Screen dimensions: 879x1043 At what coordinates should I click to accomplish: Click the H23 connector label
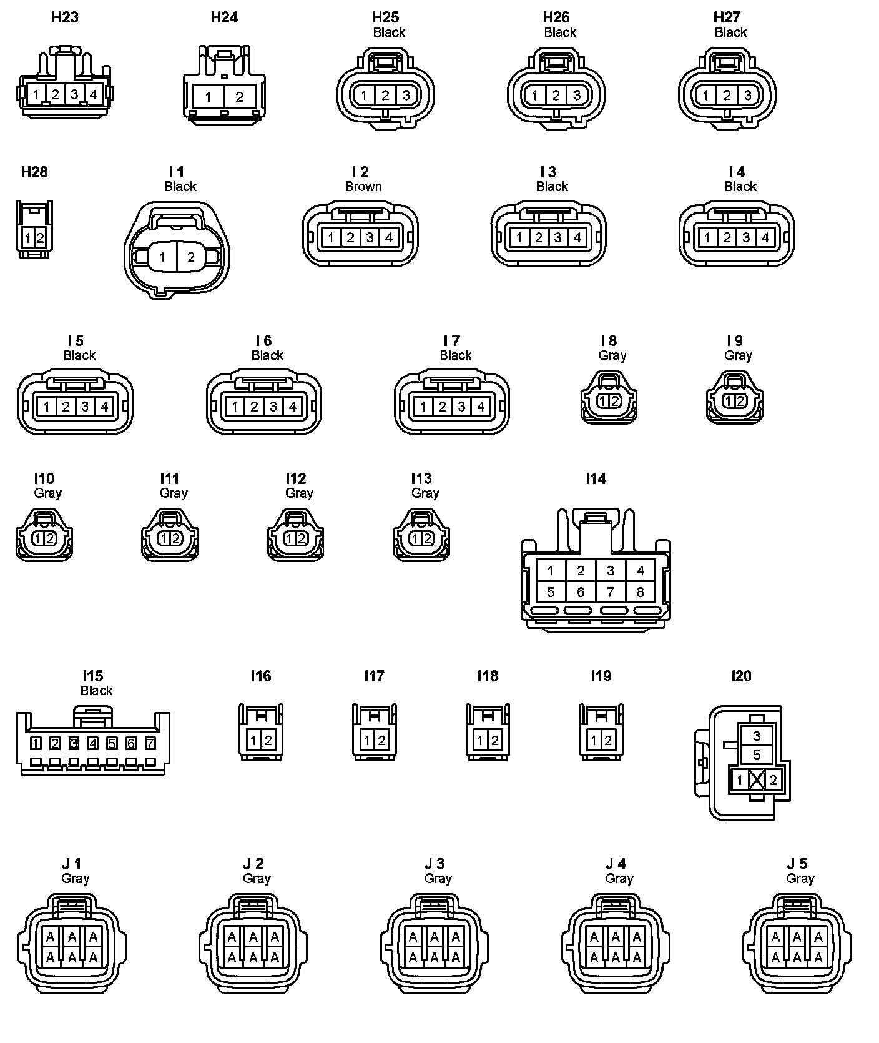point(65,17)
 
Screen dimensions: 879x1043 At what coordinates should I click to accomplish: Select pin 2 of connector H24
point(239,97)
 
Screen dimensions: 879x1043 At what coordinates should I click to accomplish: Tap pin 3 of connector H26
point(577,96)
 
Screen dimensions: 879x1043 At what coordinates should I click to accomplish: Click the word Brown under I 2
point(363,187)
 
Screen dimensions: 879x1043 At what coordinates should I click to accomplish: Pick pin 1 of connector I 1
point(162,257)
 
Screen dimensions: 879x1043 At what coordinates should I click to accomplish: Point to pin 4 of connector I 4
point(765,238)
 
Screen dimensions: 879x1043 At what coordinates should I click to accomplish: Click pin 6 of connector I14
point(581,592)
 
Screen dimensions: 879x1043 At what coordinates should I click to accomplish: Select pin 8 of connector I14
point(640,592)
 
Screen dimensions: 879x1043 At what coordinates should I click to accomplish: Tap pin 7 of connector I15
point(150,743)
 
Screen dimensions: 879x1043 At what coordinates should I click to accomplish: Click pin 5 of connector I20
point(757,756)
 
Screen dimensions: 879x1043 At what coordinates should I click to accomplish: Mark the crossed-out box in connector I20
point(757,779)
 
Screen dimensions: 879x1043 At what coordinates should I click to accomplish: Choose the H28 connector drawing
point(34,229)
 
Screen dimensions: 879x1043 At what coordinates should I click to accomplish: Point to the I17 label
point(375,676)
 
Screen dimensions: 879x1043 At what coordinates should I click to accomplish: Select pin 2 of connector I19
point(608,741)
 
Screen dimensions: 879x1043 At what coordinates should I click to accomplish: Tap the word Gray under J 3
point(438,879)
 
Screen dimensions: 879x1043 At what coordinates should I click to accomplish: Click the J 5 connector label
point(797,864)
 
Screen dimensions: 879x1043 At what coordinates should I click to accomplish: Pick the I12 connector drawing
point(296,535)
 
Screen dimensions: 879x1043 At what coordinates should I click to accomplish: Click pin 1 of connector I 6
point(235,407)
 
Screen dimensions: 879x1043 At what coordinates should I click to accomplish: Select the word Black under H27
point(731,32)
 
